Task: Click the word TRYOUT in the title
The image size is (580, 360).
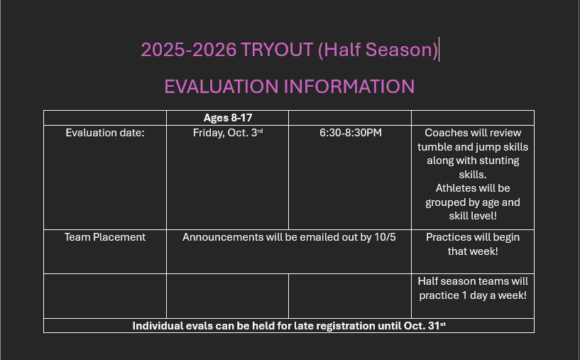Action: click(x=277, y=50)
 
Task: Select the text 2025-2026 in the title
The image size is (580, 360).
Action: click(x=189, y=50)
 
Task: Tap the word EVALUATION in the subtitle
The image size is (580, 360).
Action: click(x=221, y=87)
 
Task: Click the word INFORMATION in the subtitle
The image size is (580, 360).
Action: click(x=349, y=87)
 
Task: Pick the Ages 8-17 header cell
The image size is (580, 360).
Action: click(x=228, y=118)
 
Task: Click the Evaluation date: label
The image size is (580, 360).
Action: click(x=105, y=133)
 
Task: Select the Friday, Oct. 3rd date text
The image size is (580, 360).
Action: click(x=228, y=133)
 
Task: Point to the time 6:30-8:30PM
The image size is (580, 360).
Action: click(x=351, y=133)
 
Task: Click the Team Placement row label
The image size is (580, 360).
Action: click(x=105, y=237)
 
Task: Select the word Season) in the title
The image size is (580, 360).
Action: click(x=402, y=50)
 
